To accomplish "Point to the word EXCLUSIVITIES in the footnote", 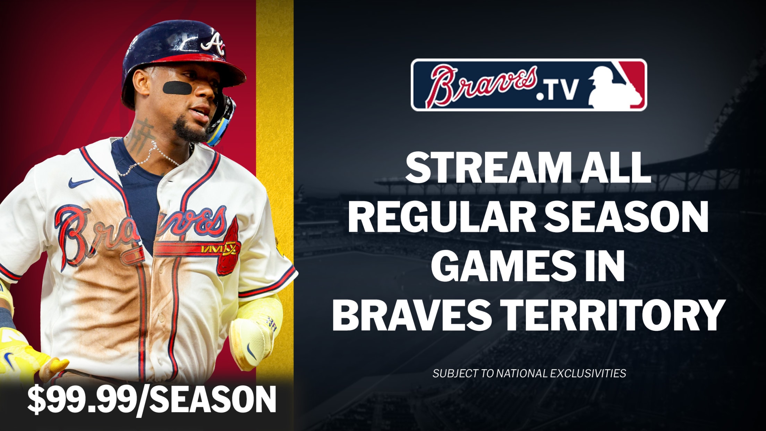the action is point(588,373).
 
